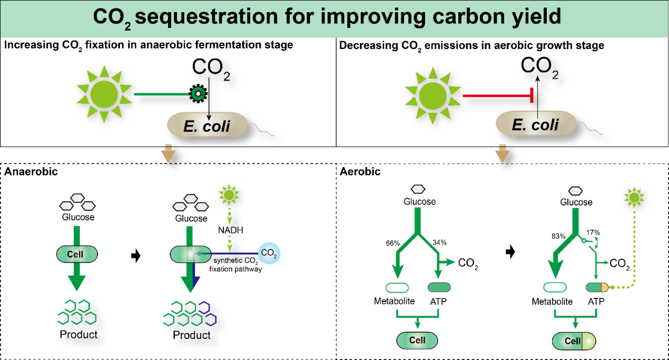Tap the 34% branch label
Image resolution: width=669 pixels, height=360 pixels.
pos(439,242)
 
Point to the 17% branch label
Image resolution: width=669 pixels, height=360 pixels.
pos(593,232)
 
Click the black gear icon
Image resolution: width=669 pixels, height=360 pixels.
pos(198,94)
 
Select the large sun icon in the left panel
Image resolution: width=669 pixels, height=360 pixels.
pos(101,94)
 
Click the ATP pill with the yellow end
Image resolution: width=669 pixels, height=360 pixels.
pos(597,287)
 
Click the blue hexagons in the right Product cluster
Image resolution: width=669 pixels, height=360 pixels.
pos(206,314)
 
